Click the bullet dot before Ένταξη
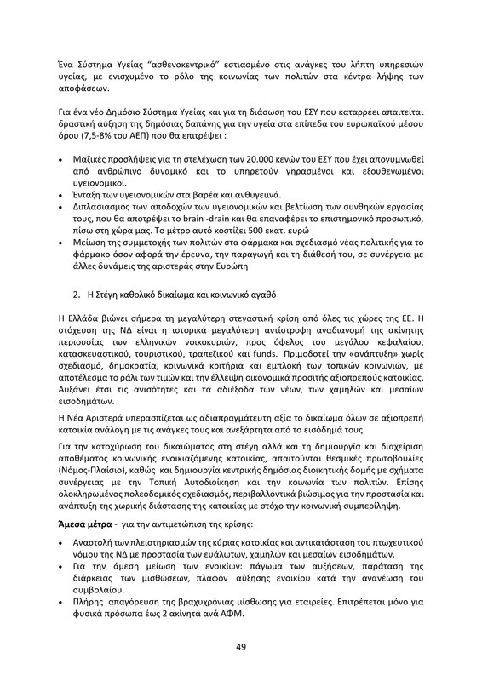point(61,175)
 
